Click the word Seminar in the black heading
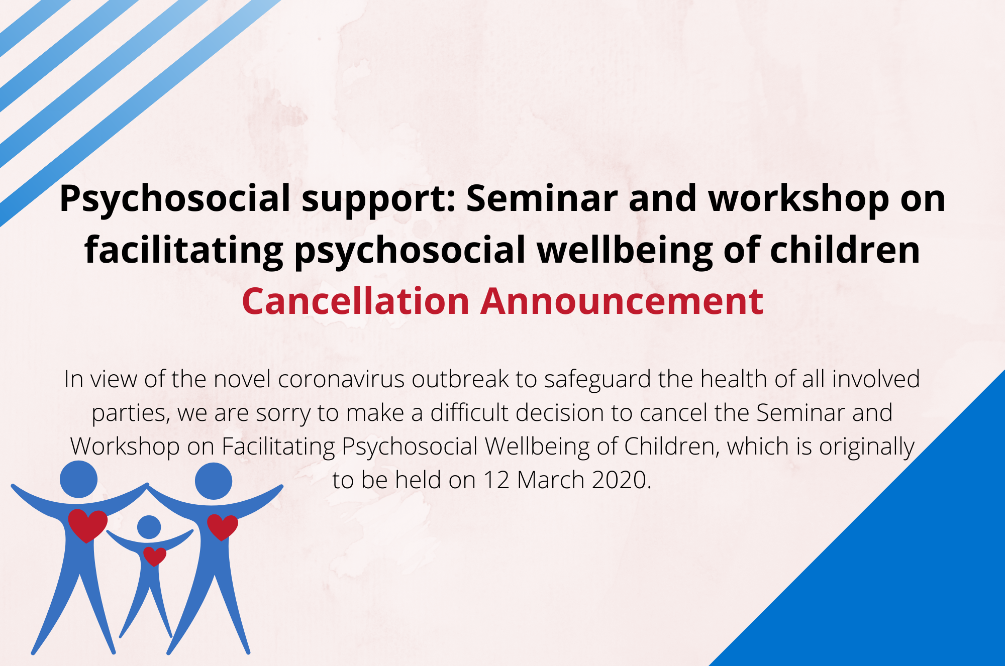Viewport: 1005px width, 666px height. tap(542, 198)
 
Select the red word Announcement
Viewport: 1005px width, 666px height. tap(622, 301)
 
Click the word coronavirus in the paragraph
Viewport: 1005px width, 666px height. tap(341, 379)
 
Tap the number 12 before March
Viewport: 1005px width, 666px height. tap(496, 480)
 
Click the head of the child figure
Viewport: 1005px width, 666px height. tap(149, 527)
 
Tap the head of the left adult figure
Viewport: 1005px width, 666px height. tap(79, 479)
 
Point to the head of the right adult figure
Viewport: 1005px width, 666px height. tap(214, 481)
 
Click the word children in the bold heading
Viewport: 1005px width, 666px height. tap(845, 250)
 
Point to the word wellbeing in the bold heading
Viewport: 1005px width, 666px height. tap(625, 251)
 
